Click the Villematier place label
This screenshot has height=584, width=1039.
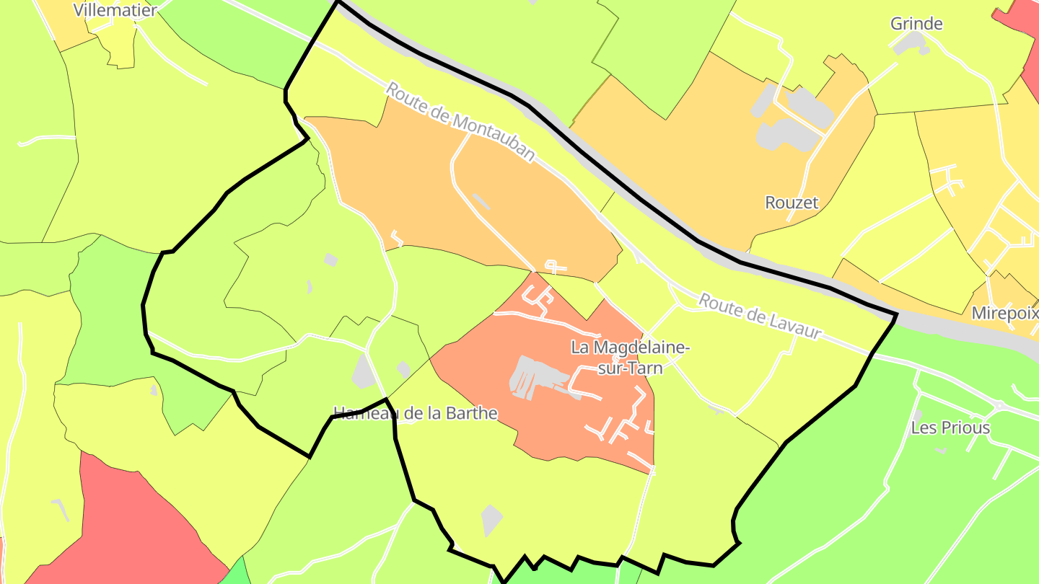[x=115, y=10]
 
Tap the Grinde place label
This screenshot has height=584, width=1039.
[x=916, y=24]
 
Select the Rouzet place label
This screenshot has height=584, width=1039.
[x=792, y=203]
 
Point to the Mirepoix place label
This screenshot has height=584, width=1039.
[x=1004, y=313]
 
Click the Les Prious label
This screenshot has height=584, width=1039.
[x=950, y=428]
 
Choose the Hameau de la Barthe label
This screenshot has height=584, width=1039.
[x=416, y=413]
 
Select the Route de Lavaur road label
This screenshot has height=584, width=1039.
[x=760, y=316]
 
